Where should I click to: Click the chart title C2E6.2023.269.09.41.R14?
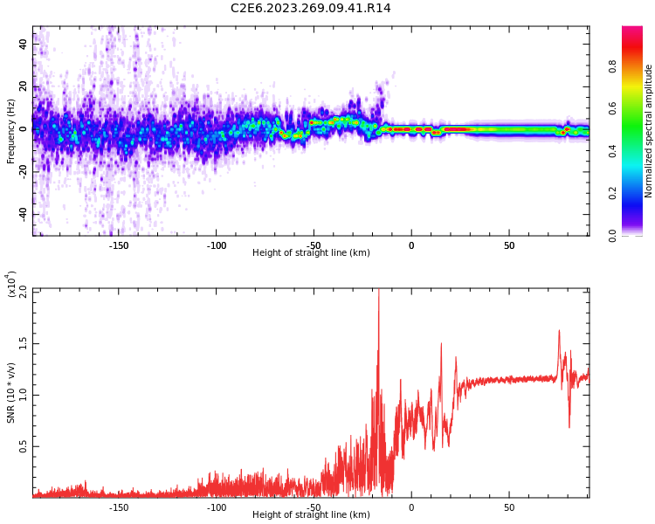311,8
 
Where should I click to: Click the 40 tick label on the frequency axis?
24,43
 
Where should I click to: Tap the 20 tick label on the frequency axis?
24,86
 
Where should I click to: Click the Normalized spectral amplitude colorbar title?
649,131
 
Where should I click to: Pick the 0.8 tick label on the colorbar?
637,65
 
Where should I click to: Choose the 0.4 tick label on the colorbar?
637,150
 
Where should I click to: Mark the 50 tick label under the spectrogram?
509,245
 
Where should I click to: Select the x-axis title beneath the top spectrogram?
311,253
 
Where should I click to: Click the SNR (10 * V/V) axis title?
11,393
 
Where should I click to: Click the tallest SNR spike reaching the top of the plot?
378,293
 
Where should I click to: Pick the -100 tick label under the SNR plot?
216,507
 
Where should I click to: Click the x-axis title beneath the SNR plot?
311,515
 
